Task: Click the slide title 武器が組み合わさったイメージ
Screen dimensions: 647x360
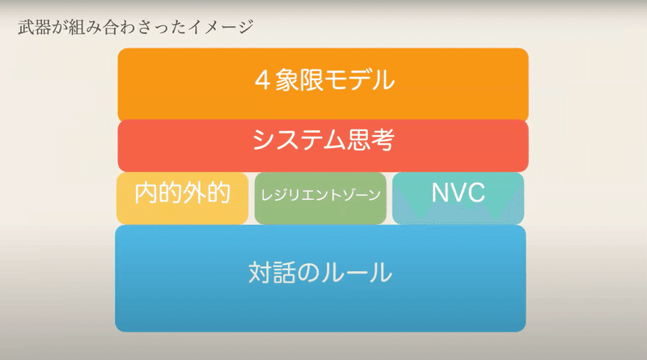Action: [x=136, y=28]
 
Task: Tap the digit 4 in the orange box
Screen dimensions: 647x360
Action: [x=262, y=80]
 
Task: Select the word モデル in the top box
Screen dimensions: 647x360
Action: [x=359, y=79]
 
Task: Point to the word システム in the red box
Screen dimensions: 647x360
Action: [x=298, y=139]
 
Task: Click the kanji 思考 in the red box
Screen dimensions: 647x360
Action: [x=370, y=139]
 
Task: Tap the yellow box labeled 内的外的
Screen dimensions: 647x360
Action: [x=183, y=198]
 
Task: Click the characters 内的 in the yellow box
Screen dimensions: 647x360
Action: [x=159, y=193]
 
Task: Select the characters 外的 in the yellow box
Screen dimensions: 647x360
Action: [x=206, y=193]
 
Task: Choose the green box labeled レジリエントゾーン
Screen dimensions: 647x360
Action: [x=320, y=198]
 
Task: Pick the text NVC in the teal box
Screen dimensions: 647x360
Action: [x=458, y=193]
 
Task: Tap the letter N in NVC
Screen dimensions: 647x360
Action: [x=440, y=193]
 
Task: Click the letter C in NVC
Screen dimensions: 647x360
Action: [x=476, y=193]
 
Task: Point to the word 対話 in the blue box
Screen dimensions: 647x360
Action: [x=272, y=273]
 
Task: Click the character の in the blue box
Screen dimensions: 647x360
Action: [x=309, y=273]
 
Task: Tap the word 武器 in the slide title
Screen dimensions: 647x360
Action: [x=35, y=28]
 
